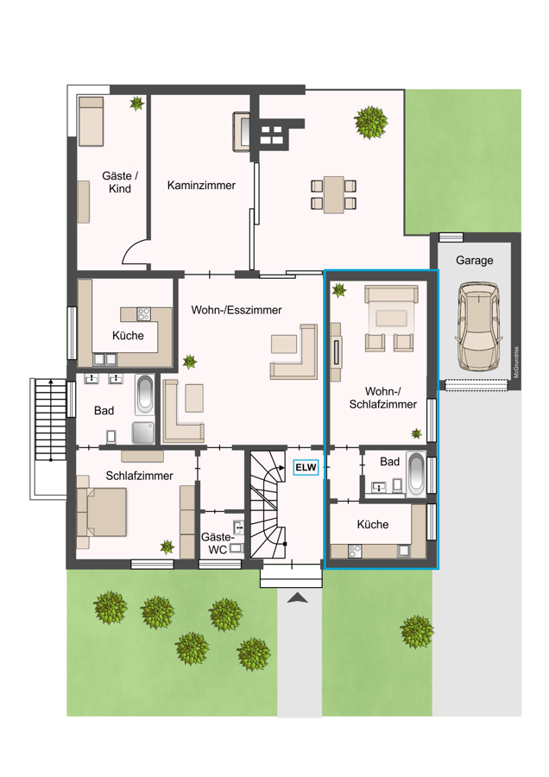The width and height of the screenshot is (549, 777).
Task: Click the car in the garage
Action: pyautogui.click(x=478, y=326)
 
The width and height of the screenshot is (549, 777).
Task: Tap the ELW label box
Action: pyautogui.click(x=306, y=467)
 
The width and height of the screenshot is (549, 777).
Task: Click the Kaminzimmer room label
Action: pyautogui.click(x=201, y=186)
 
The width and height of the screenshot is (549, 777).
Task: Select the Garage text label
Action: pyautogui.click(x=474, y=260)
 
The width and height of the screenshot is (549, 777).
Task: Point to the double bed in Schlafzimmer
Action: pyautogui.click(x=102, y=512)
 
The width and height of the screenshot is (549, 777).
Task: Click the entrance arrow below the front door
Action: pyautogui.click(x=297, y=597)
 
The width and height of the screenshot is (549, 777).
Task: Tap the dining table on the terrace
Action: pyautogui.click(x=333, y=194)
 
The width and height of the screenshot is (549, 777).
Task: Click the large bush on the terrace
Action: pyautogui.click(x=370, y=122)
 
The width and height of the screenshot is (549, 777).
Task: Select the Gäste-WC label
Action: pyautogui.click(x=217, y=543)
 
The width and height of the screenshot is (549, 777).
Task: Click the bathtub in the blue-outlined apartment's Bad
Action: pyautogui.click(x=416, y=474)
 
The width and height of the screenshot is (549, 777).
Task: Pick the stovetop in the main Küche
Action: pyautogui.click(x=143, y=313)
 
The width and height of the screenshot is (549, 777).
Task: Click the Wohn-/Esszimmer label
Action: pyautogui.click(x=237, y=310)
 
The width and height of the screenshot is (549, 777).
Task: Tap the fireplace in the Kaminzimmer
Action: pyautogui.click(x=242, y=132)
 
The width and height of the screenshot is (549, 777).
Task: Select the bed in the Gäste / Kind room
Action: pyautogui.click(x=91, y=122)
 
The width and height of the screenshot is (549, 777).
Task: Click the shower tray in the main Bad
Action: pyautogui.click(x=142, y=433)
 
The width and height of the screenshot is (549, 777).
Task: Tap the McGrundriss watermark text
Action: pyautogui.click(x=516, y=363)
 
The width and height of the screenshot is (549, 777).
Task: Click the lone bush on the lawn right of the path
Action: pyautogui.click(x=417, y=631)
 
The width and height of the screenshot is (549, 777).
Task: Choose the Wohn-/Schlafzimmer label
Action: pyautogui.click(x=383, y=398)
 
